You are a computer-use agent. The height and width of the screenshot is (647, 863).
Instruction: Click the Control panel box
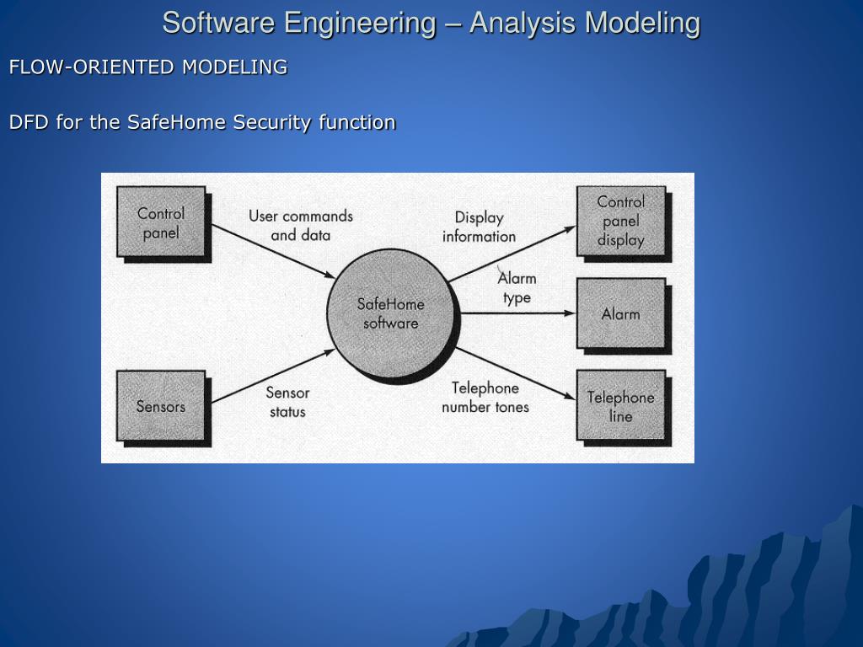160,223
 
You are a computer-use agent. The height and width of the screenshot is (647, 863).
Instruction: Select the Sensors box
160,406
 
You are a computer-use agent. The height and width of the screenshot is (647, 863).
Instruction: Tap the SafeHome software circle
390,313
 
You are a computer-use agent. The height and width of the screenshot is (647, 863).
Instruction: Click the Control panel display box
620,221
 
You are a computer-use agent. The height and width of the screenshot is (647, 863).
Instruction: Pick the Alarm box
620,313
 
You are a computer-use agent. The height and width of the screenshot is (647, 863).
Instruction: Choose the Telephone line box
620,406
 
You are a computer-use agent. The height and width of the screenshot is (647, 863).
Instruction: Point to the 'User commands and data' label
300,225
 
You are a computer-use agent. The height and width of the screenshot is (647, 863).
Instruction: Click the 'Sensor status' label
287,402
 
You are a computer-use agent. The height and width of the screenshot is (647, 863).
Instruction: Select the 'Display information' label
479,227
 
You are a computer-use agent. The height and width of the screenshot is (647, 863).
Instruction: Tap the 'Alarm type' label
517,287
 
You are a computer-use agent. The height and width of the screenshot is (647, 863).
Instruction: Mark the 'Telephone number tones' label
485,397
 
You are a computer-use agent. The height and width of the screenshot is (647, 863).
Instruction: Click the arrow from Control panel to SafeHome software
270,250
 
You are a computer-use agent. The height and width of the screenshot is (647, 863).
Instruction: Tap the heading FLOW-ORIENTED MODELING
148,67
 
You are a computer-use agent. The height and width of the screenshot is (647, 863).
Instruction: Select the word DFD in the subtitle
27,122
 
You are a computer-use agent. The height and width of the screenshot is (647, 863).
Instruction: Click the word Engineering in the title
359,23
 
